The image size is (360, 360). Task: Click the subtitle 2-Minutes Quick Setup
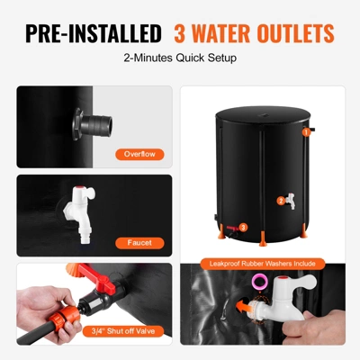pos(179,60)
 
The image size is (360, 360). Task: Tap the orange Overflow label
pos(139,153)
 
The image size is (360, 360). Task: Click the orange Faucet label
pos(139,241)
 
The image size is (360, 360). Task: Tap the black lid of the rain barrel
pos(262,118)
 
